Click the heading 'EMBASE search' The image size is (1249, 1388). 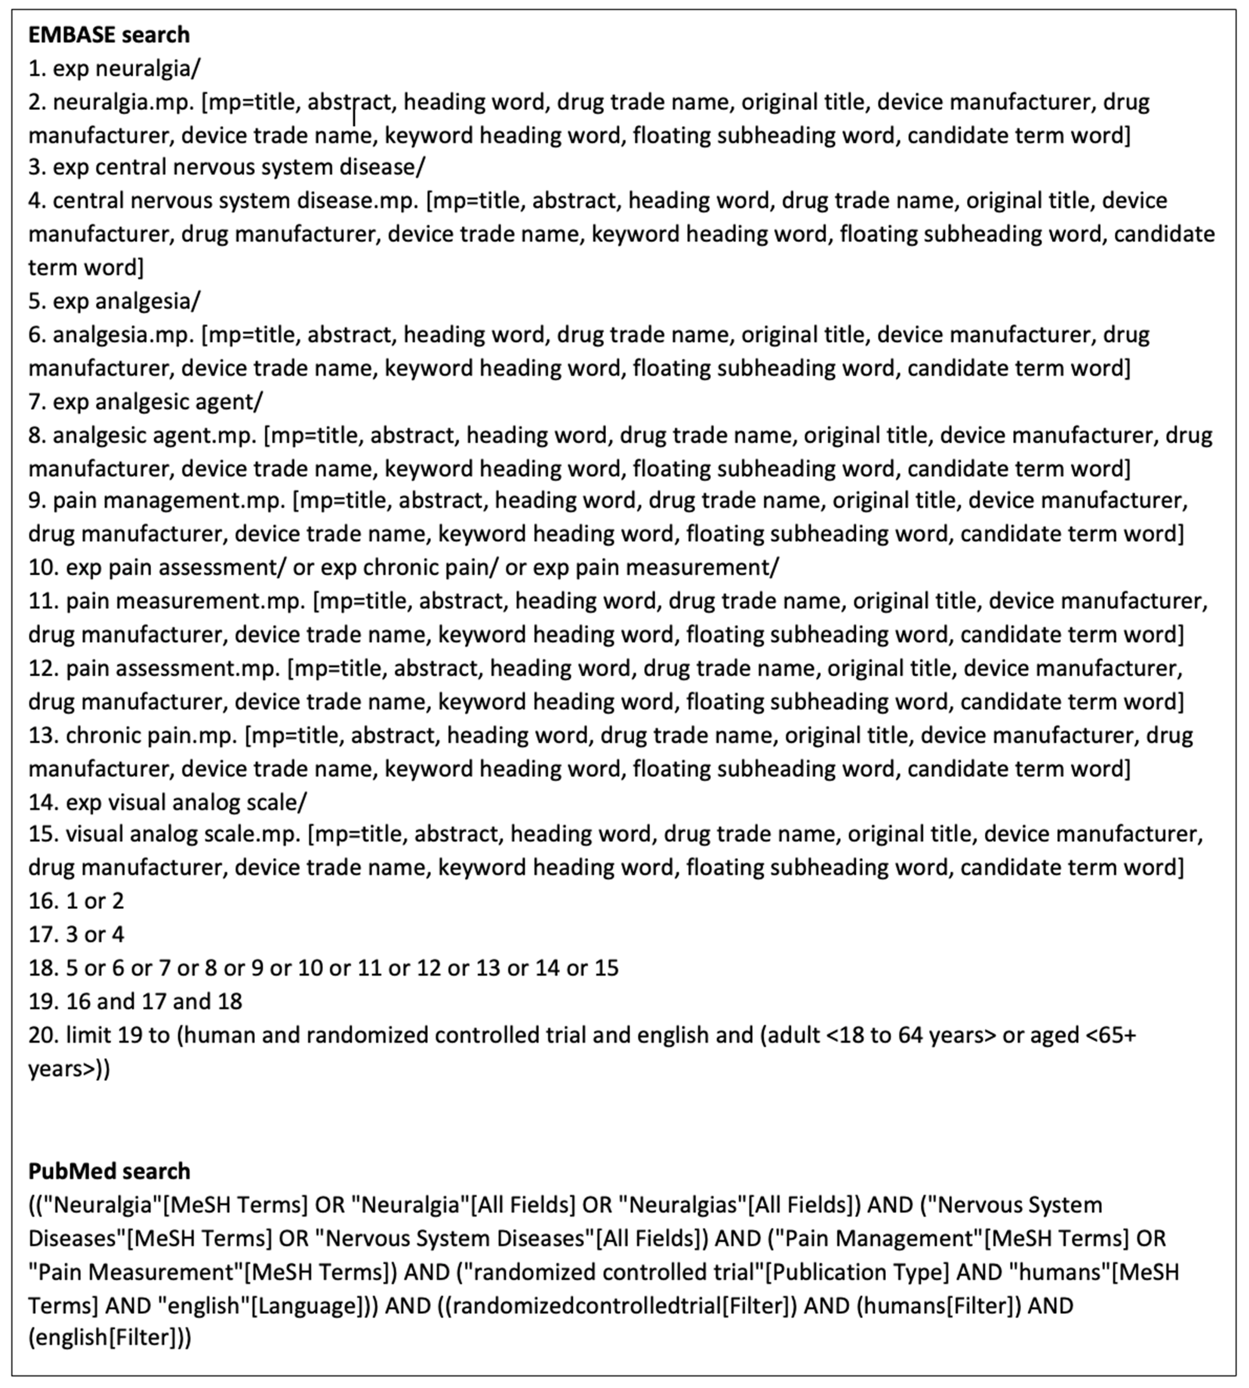(108, 34)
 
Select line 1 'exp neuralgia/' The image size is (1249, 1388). (114, 68)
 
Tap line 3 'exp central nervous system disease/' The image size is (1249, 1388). (226, 167)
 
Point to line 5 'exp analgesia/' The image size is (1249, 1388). (114, 301)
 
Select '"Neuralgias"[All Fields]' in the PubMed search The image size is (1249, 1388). (734, 1205)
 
